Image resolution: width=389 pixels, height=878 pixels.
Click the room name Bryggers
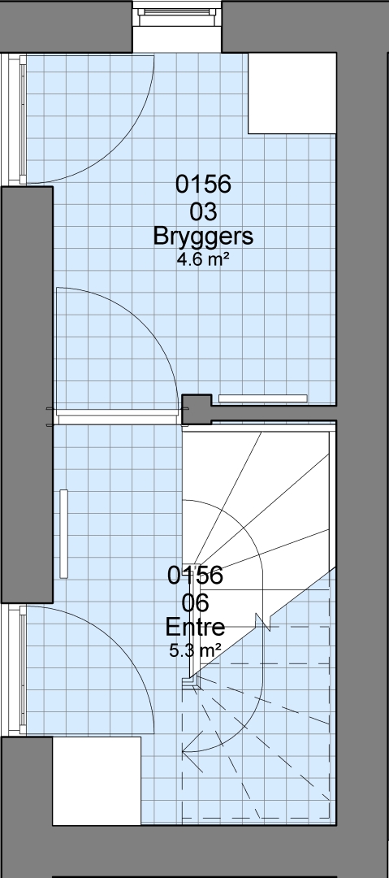[x=203, y=237]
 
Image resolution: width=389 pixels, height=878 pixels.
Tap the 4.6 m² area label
[x=203, y=260]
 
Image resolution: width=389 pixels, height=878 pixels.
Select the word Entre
[x=196, y=627]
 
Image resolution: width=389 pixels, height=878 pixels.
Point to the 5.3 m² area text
[x=196, y=650]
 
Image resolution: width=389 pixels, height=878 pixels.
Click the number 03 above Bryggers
[x=203, y=212]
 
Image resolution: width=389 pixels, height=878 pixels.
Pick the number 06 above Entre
[x=196, y=602]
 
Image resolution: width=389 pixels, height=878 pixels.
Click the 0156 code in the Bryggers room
[x=203, y=184]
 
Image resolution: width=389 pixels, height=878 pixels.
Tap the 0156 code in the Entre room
[x=196, y=575]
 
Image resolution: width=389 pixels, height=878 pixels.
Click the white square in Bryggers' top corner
[x=292, y=93]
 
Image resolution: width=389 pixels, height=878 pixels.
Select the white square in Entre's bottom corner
[x=97, y=780]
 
